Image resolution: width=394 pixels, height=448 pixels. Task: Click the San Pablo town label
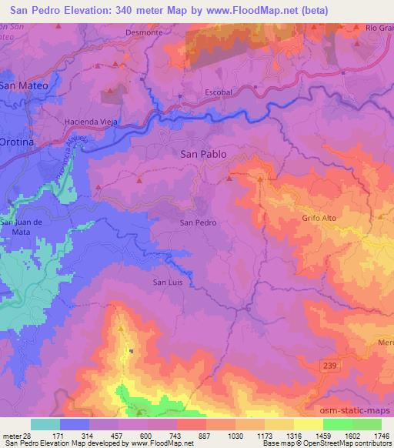[x=202, y=154]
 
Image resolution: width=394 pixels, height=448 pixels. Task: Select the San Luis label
[x=169, y=282]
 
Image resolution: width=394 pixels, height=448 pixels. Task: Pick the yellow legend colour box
[x=308, y=424]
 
